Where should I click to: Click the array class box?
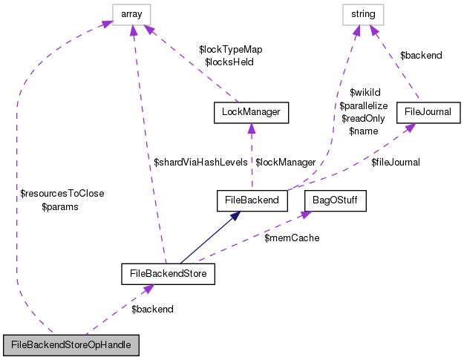[x=131, y=13]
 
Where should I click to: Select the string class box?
[x=363, y=13]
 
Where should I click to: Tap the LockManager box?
[x=250, y=113]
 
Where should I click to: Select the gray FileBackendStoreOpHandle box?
[x=71, y=346]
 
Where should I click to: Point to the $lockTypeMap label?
[x=230, y=49]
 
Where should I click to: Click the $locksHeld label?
[x=229, y=62]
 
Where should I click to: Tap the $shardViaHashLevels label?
[x=200, y=162]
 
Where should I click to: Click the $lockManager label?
[x=286, y=162]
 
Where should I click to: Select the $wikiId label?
[x=365, y=93]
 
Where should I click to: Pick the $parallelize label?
[x=364, y=105]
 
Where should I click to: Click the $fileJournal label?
[x=396, y=162]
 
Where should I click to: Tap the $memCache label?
[x=292, y=238]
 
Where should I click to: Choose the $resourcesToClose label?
[x=62, y=194]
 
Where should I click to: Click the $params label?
[x=60, y=207]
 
